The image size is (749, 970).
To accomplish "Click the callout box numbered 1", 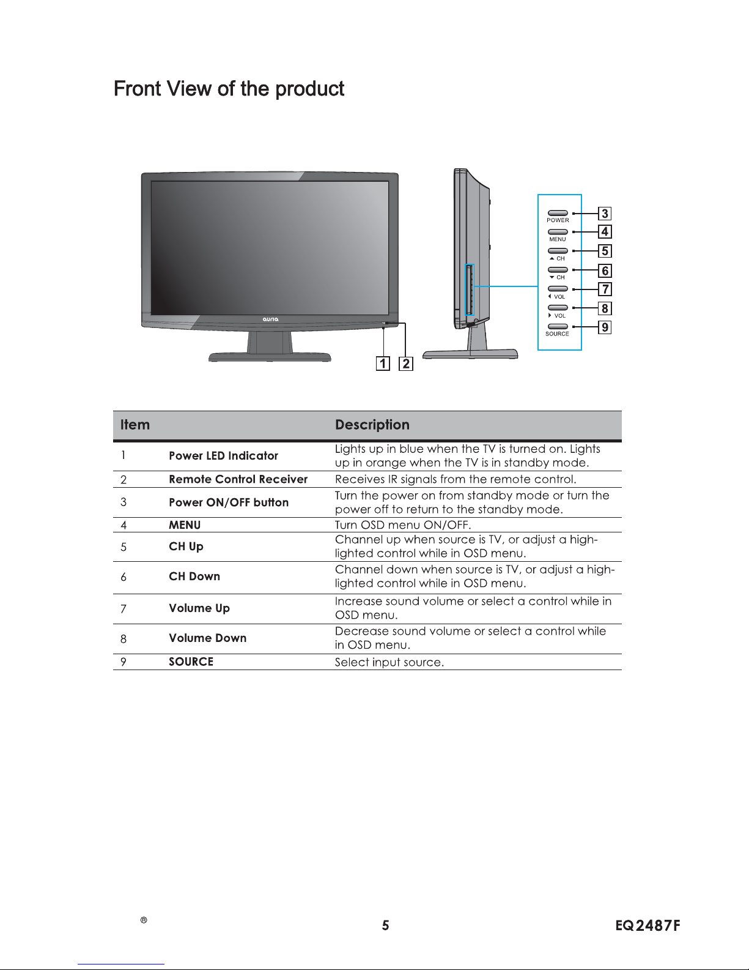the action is tap(383, 364).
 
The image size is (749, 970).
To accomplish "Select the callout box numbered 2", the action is tap(406, 364).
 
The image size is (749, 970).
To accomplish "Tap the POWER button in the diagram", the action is tap(558, 213).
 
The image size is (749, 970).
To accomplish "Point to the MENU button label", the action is tap(557, 239).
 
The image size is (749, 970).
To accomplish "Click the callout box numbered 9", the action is tap(605, 327).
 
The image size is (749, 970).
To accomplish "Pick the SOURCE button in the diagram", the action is tap(558, 326).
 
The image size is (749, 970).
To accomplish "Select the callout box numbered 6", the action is tap(605, 270).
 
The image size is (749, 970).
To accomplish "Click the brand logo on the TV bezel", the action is tap(270, 319).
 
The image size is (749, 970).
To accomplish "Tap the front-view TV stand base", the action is tap(270, 357).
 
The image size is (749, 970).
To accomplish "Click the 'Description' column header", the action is tap(372, 425).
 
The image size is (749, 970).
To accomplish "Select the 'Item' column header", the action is tap(135, 425).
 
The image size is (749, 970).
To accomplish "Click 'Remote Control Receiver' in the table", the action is tap(238, 479).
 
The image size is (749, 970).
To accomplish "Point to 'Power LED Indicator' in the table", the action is tap(223, 455).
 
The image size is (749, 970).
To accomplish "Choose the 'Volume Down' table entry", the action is tap(208, 638).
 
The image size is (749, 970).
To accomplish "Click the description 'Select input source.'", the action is tap(389, 662).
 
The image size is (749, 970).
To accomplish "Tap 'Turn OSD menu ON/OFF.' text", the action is tap(403, 524).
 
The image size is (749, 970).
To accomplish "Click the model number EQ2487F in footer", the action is tap(648, 925).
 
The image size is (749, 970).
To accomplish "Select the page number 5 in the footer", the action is tap(386, 925).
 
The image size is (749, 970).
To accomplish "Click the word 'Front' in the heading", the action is tap(138, 88).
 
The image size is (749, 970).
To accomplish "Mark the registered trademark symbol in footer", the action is tap(144, 920).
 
